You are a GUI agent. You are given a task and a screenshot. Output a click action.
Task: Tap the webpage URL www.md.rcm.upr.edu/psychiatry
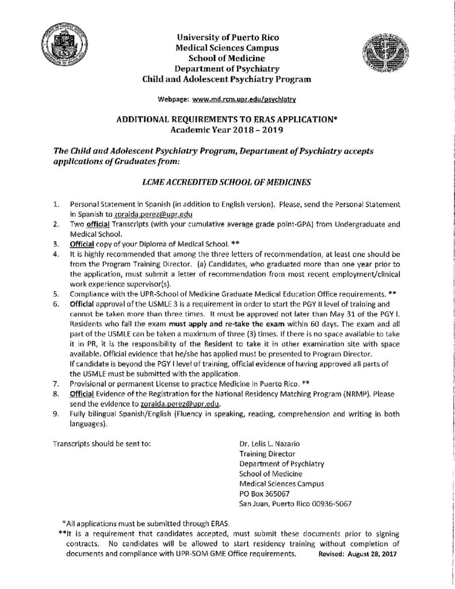point(244,100)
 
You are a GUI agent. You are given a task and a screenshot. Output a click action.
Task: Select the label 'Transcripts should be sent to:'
point(102,444)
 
